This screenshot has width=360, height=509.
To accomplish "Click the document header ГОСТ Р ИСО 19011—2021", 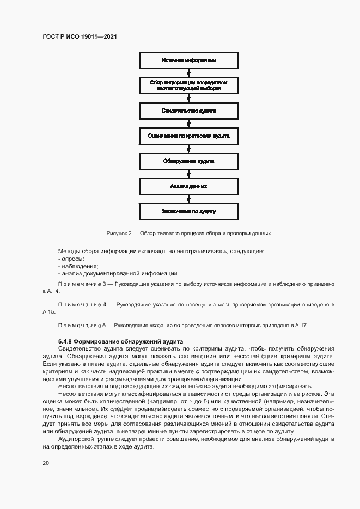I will coord(80,36).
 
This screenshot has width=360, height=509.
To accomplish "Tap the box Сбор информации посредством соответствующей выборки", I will coord(188,85).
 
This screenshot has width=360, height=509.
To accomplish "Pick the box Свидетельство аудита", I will coord(188,111).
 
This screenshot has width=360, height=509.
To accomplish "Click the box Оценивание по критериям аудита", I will coord(188,136).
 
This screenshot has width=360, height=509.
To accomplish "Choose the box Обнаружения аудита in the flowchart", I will coord(188,161).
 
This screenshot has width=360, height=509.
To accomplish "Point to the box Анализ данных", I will coord(188,186).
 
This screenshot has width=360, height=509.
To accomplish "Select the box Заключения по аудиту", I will coord(188,211).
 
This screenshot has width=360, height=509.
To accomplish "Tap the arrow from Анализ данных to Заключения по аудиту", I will coord(188,199).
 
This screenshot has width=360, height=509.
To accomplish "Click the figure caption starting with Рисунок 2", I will coord(188,233).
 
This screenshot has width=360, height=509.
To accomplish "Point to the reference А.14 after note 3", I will coord(52,292).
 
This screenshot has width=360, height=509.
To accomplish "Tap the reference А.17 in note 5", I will coord(300,325).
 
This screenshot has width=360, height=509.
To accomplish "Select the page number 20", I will coord(46,463).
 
